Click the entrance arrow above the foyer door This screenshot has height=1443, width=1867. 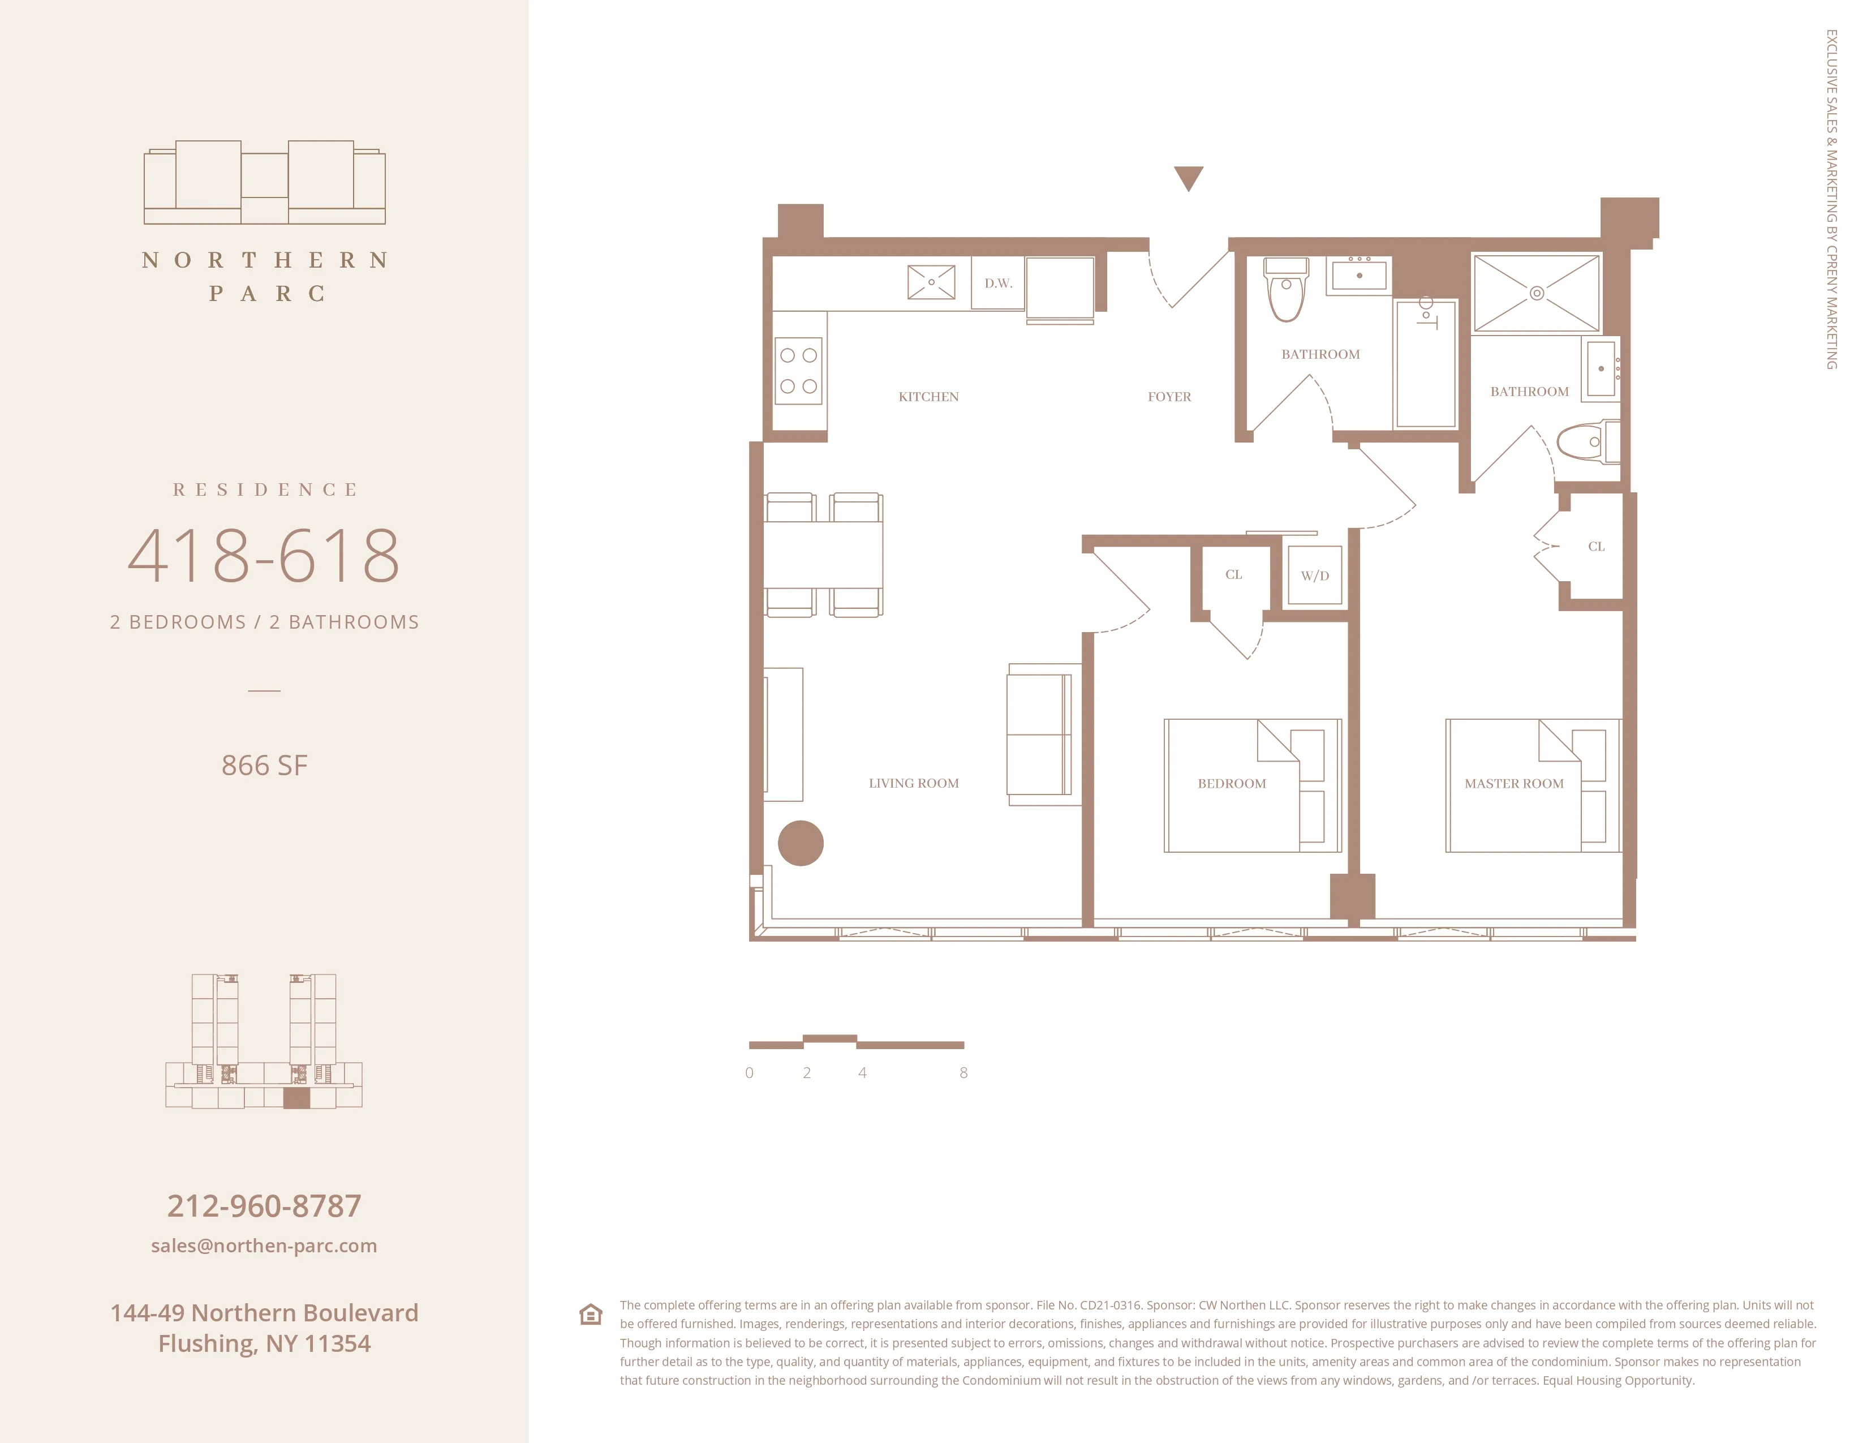pos(1188,177)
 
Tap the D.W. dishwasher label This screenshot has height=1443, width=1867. pos(997,283)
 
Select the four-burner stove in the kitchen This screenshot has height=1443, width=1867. pos(798,370)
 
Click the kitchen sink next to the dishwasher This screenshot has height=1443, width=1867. pos(931,281)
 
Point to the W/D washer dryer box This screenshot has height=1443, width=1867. pos(1315,576)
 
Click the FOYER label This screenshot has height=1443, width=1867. pos(1169,397)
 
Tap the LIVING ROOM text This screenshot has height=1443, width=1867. pos(913,783)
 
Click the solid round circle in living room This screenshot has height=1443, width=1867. pos(800,843)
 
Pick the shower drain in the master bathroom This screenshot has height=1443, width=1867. pos(1536,293)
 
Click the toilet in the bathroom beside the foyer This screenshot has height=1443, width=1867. pos(1286,291)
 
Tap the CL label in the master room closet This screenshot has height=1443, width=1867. pos(1595,546)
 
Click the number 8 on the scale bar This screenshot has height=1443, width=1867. pos(963,1073)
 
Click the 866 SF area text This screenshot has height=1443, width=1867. pos(264,765)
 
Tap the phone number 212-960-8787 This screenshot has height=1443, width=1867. pos(264,1205)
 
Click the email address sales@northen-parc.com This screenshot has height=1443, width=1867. pos(264,1246)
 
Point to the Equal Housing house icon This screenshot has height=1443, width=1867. pos(591,1314)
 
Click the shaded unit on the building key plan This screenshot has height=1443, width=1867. pos(296,1098)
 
